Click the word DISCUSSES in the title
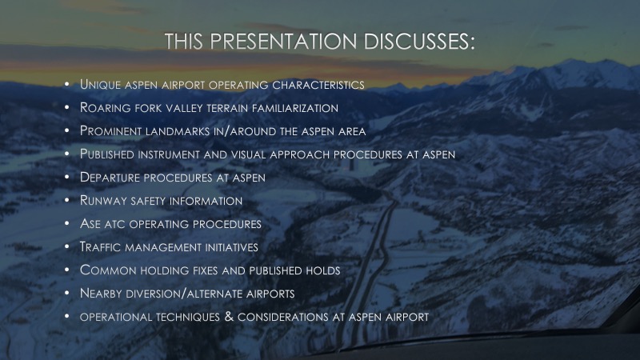point(419,42)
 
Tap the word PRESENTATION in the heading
point(283,42)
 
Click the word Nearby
point(101,293)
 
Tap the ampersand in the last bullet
point(229,316)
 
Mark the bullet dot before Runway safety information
point(67,200)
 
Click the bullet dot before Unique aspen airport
point(67,84)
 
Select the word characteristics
point(318,85)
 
